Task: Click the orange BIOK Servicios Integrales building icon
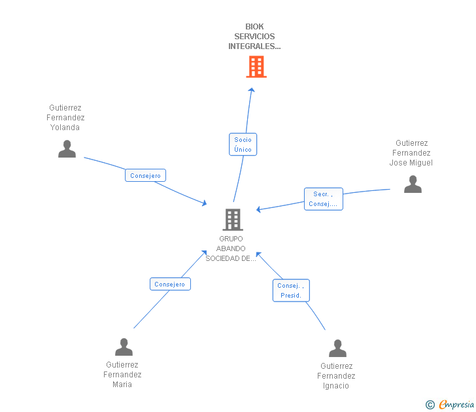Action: pyautogui.click(x=256, y=67)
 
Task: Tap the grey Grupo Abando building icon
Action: pyautogui.click(x=233, y=220)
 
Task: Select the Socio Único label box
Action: pyautogui.click(x=243, y=145)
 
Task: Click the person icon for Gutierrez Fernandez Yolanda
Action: pyautogui.click(x=67, y=149)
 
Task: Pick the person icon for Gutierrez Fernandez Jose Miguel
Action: pyautogui.click(x=413, y=184)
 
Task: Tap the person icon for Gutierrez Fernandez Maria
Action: pyautogui.click(x=124, y=347)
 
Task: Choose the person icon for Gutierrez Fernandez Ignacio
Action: pyautogui.click(x=337, y=348)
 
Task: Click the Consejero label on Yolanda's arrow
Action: pyautogui.click(x=145, y=175)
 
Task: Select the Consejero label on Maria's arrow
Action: pyautogui.click(x=170, y=284)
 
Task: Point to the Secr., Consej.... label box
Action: pyautogui.click(x=323, y=199)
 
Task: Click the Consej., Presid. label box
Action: pyautogui.click(x=291, y=290)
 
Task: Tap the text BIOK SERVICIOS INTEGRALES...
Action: pyautogui.click(x=254, y=37)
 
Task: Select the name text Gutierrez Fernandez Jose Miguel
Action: pyautogui.click(x=411, y=153)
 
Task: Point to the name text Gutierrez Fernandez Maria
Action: pyautogui.click(x=122, y=375)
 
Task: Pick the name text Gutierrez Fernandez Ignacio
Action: pyautogui.click(x=336, y=376)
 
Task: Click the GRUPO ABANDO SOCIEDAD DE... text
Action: pyautogui.click(x=231, y=249)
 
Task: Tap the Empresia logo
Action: pyautogui.click(x=456, y=404)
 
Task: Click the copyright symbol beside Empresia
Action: pyautogui.click(x=430, y=405)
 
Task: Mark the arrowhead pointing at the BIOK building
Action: pyautogui.click(x=252, y=90)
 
